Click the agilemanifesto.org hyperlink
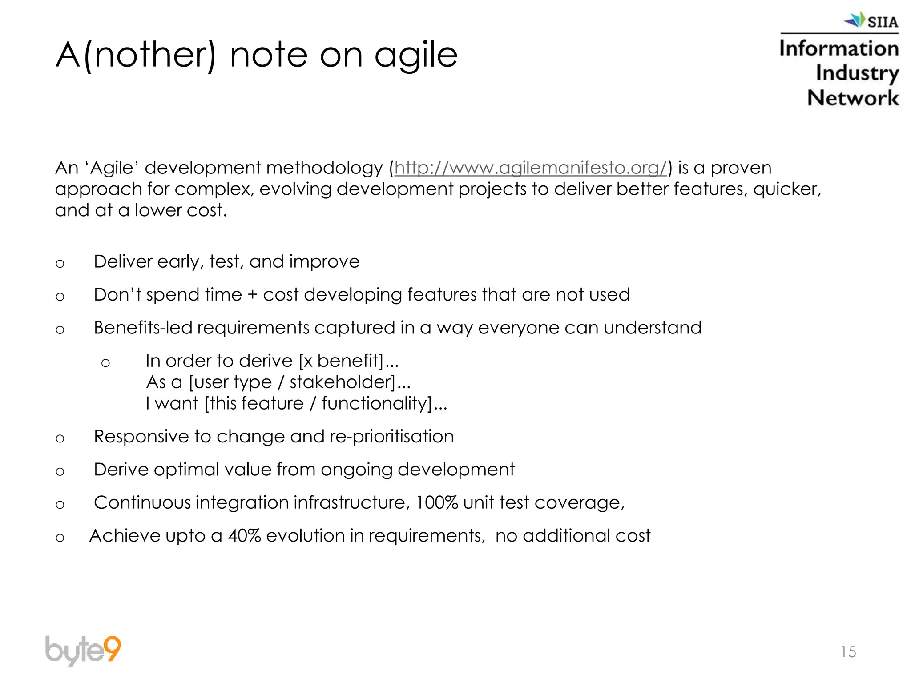pos(531,168)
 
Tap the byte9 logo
pos(83,651)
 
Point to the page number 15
pos(848,652)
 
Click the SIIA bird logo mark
pos(855,20)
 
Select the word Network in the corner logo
pos(853,98)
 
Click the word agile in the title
pos(416,55)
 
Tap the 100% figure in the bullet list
pos(436,503)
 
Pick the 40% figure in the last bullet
pos(244,536)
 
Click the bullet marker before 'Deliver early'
pos(60,264)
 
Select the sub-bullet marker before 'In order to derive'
pos(105,363)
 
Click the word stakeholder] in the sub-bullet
pos(342,382)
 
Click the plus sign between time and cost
pos(252,295)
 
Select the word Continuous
pos(142,503)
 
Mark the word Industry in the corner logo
pos(857,73)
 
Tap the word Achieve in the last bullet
pos(125,536)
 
